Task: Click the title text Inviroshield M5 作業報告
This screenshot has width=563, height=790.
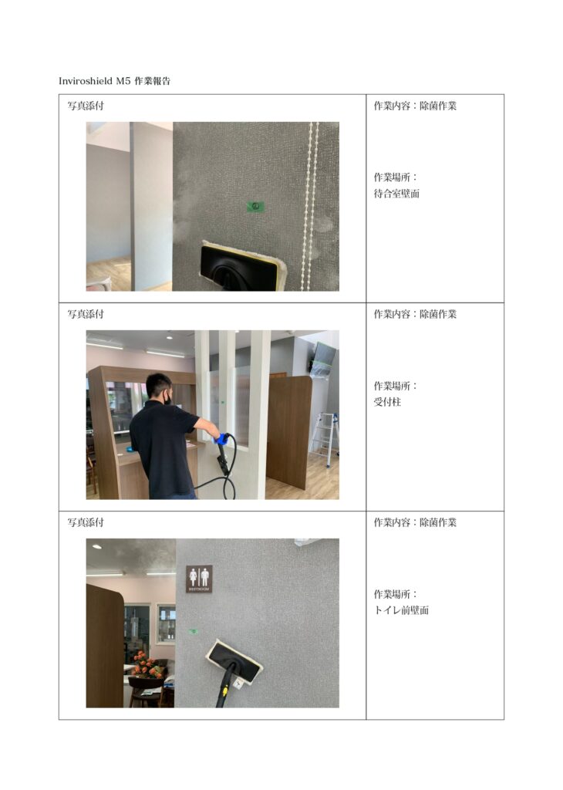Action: (x=114, y=80)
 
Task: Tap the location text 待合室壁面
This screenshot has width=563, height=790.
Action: (x=396, y=194)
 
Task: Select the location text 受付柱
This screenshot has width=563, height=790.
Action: (x=387, y=402)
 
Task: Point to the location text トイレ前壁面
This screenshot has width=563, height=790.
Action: (x=401, y=610)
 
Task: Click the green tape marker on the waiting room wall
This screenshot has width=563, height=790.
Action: (x=256, y=206)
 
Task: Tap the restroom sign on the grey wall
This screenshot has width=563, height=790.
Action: (x=200, y=579)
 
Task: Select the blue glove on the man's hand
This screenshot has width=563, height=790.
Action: (x=221, y=438)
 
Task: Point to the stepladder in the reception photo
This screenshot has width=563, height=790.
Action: (x=325, y=439)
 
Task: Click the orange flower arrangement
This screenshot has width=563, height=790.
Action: (x=147, y=664)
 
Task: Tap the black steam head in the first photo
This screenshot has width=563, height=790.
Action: (x=237, y=267)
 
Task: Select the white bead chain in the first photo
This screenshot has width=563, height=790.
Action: (x=309, y=206)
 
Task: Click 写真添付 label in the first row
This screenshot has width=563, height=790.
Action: (x=86, y=106)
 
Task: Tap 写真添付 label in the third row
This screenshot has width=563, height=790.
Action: (x=86, y=522)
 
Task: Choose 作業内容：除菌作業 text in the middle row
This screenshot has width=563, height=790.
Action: (x=415, y=314)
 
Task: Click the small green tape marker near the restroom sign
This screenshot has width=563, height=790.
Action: (x=192, y=631)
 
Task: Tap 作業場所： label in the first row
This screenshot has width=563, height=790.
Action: (x=396, y=177)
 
